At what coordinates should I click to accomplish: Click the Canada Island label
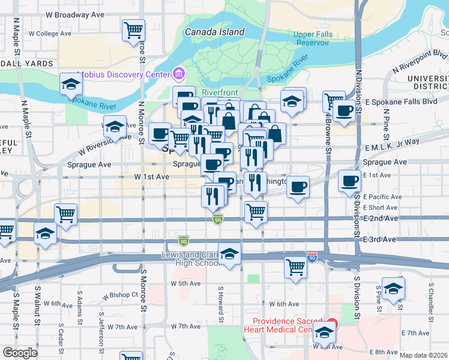coord(214,32)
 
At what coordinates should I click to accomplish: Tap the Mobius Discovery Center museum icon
coord(178,74)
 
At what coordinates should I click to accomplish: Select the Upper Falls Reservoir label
coord(313,38)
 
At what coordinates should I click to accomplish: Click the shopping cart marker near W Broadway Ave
coord(133,29)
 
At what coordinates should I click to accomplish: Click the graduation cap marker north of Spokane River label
coord(71,84)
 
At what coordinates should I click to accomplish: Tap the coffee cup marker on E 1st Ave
coord(349,180)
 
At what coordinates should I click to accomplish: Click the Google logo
coord(20,353)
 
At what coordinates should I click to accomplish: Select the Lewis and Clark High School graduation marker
coord(229,254)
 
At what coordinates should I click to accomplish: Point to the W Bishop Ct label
coord(120,296)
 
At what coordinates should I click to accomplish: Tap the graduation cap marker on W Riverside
coord(114,126)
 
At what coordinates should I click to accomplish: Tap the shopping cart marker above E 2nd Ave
coord(256,211)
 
